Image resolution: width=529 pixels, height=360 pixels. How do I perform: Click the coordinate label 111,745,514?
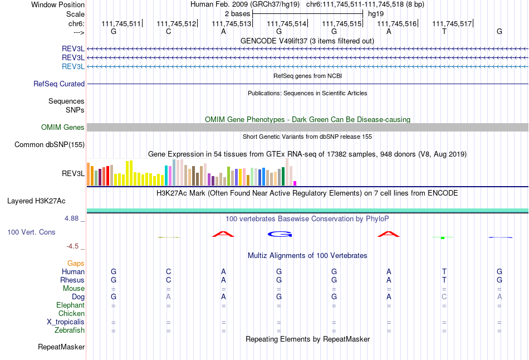(287, 23)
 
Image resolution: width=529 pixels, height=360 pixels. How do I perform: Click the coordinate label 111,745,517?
(452, 23)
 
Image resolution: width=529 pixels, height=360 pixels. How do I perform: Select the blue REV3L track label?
(74, 67)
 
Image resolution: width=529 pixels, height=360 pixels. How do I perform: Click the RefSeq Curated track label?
(59, 84)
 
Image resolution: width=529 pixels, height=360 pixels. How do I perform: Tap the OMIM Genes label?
(63, 128)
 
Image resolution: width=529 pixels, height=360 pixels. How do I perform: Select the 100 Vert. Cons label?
(31, 232)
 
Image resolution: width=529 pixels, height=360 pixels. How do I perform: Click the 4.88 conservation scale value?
(72, 218)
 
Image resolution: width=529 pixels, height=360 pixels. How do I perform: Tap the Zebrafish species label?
(70, 330)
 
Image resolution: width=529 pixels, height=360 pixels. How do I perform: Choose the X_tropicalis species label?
(66, 322)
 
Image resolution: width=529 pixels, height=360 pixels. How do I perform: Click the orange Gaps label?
(76, 263)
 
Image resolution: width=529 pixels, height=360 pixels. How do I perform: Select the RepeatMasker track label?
(61, 347)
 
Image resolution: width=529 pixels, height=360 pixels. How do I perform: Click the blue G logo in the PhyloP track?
(280, 234)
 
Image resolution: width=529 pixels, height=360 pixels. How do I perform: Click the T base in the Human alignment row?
(444, 271)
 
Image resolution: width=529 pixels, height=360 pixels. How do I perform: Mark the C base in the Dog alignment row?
(444, 297)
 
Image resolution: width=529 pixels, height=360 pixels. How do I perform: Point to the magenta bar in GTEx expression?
(295, 183)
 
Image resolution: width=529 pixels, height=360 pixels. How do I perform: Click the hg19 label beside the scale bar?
(376, 13)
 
